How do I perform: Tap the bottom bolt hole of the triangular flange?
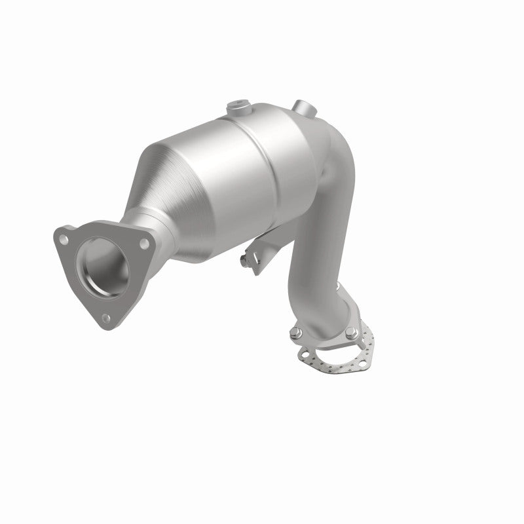[105, 319]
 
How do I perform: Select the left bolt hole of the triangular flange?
[64, 239]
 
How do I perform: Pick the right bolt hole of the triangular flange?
[143, 244]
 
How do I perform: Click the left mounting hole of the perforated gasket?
[303, 354]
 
